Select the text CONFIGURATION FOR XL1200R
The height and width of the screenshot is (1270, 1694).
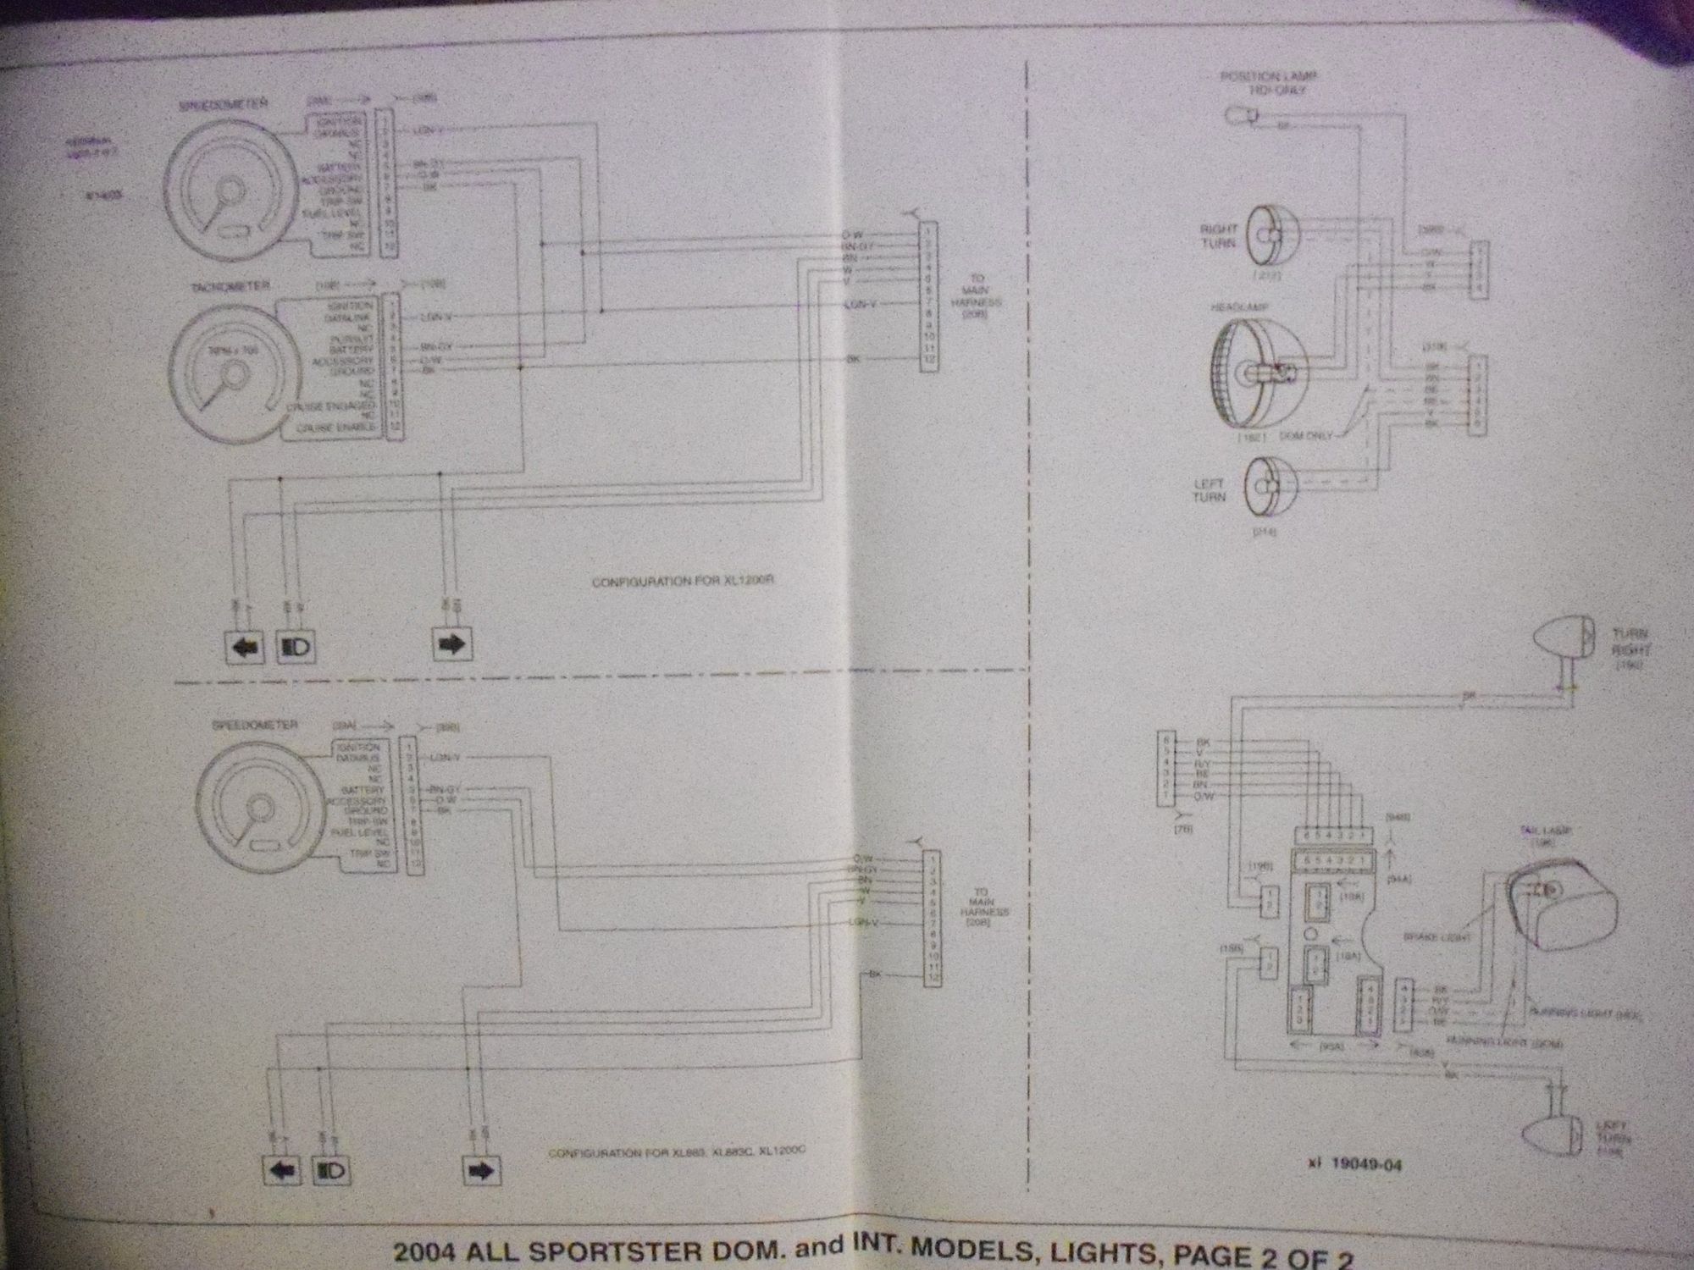[x=684, y=583]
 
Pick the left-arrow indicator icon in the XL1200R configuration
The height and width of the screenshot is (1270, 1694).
[x=245, y=648]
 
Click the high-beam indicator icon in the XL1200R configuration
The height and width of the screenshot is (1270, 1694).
[x=296, y=648]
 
